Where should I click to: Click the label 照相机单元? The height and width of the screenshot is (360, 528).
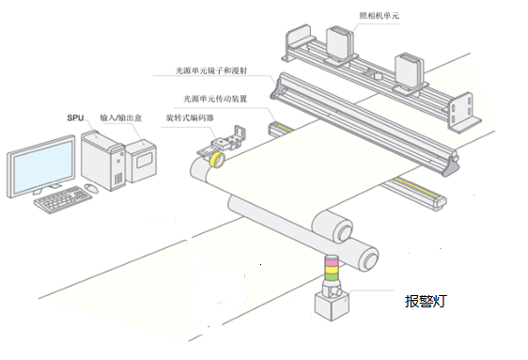tap(382, 15)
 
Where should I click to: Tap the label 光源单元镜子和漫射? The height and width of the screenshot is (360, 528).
tap(220, 70)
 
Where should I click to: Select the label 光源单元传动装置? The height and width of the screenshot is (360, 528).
tap(218, 97)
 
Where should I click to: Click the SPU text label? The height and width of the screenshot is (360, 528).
tap(76, 118)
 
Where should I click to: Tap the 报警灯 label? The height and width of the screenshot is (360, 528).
tap(426, 303)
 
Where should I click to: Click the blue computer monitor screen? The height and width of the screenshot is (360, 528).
tap(42, 164)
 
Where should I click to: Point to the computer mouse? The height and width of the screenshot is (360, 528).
tap(91, 188)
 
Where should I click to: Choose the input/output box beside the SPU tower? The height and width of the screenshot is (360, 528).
tap(142, 160)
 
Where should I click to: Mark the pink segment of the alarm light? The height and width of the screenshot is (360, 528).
tap(331, 262)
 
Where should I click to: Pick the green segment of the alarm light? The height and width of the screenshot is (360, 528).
tap(331, 281)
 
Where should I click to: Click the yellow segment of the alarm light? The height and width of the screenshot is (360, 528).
tap(331, 272)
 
